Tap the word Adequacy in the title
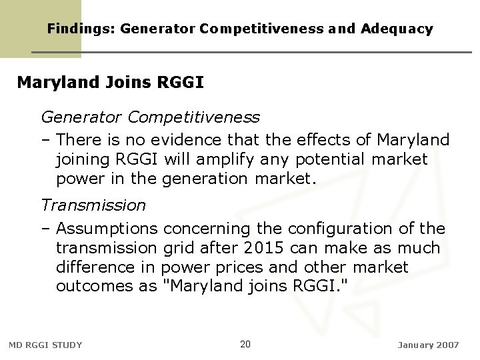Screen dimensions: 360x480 click(x=397, y=29)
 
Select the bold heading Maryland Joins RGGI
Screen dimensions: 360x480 click(x=110, y=83)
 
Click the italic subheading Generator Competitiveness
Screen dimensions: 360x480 click(x=151, y=117)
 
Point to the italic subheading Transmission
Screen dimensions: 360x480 click(x=93, y=205)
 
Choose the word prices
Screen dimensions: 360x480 click(x=255, y=267)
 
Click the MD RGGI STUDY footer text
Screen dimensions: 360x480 click(x=45, y=345)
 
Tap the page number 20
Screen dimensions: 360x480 click(x=245, y=344)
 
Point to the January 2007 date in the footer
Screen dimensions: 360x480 click(x=428, y=345)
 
